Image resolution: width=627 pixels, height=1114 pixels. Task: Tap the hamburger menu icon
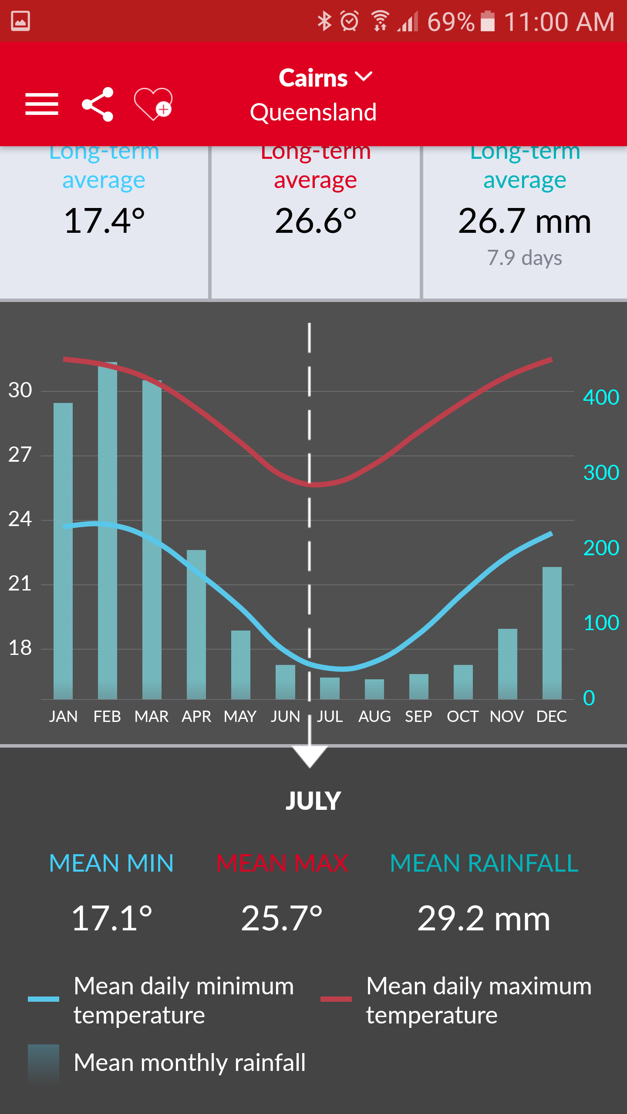(42, 104)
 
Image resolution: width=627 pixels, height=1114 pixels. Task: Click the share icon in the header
(98, 104)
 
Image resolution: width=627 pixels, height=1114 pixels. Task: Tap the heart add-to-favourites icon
(153, 104)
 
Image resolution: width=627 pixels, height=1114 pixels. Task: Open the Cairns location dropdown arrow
(364, 77)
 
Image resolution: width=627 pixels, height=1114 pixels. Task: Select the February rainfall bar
(108, 531)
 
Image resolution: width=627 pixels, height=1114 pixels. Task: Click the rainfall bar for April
(196, 624)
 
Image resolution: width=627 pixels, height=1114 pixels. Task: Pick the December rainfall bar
(552, 633)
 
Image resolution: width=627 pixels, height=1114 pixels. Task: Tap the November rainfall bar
(508, 664)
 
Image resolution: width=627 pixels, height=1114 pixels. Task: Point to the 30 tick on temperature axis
(20, 390)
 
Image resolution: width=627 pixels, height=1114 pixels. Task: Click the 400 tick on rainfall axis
(601, 397)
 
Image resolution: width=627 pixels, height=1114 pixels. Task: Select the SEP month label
(418, 717)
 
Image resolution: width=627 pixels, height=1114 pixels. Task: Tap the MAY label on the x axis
(240, 717)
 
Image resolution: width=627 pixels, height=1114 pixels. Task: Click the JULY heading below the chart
(313, 801)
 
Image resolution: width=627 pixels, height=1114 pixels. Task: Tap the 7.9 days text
(524, 258)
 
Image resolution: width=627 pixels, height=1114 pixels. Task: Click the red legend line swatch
(336, 999)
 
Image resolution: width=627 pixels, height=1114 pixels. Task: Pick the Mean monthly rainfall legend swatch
(44, 1062)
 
